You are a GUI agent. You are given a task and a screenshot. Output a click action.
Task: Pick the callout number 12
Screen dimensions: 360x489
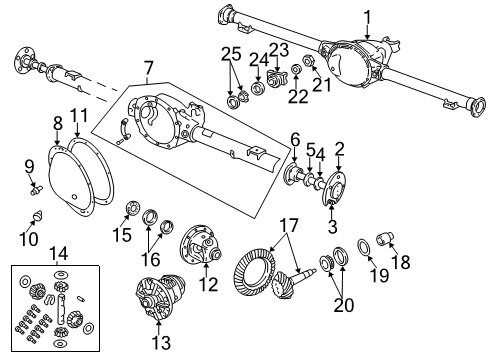pos(209,285)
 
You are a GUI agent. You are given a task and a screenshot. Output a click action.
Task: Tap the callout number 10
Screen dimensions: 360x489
pos(30,240)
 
